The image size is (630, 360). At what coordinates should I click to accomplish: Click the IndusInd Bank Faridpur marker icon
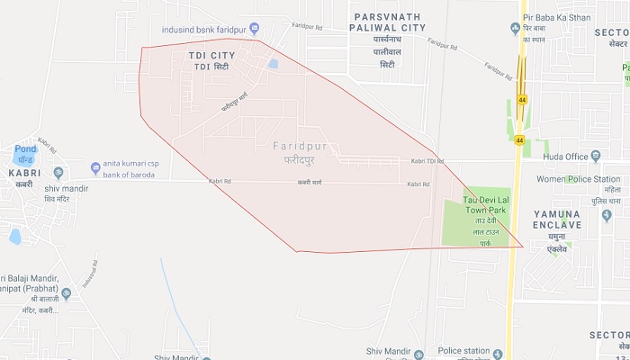(254, 30)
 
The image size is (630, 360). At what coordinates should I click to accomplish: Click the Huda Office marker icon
(607, 157)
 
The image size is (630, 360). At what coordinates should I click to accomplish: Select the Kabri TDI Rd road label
(427, 160)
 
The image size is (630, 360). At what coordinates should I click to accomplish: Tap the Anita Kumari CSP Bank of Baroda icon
(95, 168)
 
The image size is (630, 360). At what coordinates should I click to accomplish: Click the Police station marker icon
(427, 350)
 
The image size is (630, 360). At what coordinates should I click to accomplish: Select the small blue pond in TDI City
(273, 64)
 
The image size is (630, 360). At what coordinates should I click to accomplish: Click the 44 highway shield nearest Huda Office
(519, 139)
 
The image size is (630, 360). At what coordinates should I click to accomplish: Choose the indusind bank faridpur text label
(203, 30)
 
